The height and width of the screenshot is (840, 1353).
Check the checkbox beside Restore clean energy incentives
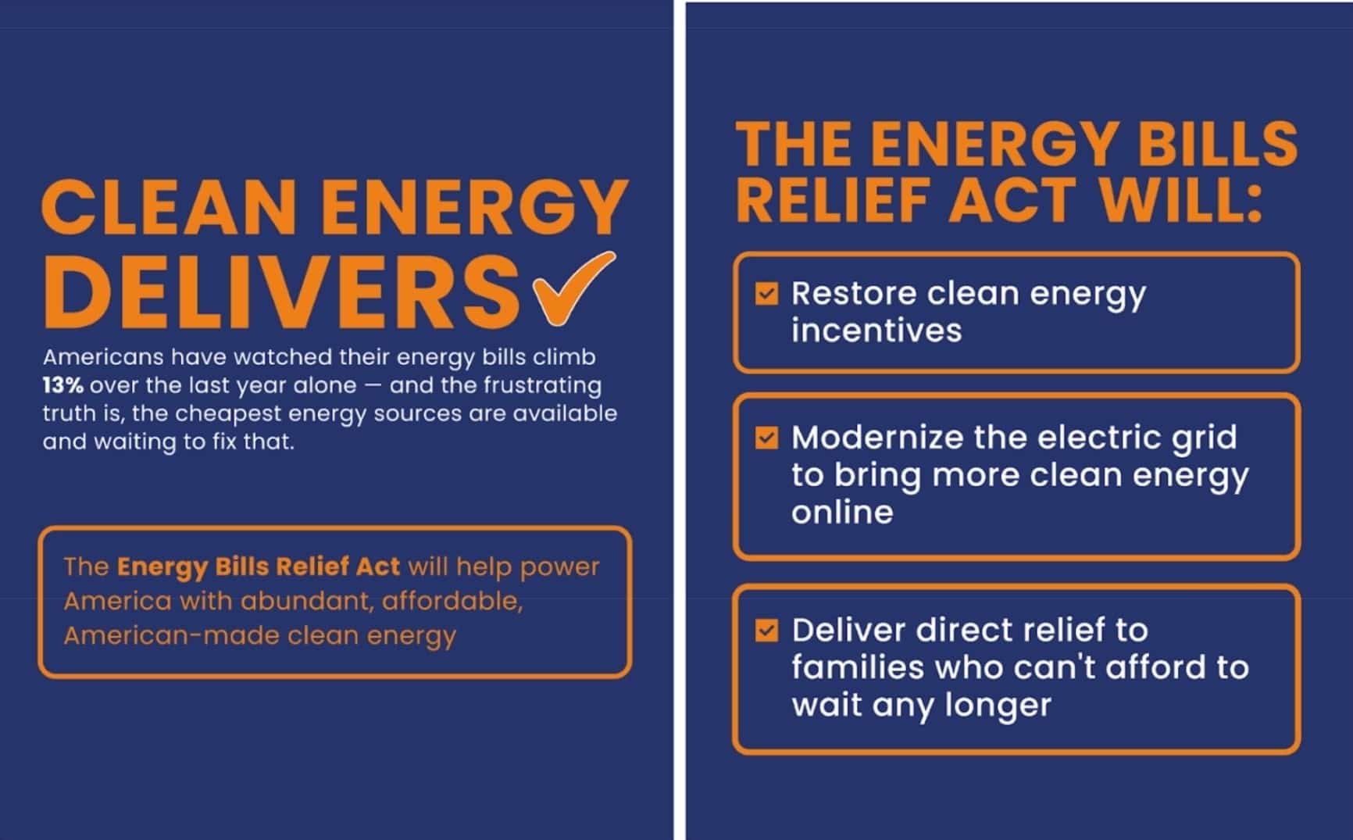766,294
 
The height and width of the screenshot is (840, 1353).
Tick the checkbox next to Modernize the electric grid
766,438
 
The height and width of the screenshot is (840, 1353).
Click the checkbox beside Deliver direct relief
766,630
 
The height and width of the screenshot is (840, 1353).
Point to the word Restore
854,294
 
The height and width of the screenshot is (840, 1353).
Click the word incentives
876,331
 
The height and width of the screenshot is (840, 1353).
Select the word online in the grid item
842,513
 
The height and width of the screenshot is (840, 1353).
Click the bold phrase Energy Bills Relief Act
258,566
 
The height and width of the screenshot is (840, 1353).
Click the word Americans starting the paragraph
103,357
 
